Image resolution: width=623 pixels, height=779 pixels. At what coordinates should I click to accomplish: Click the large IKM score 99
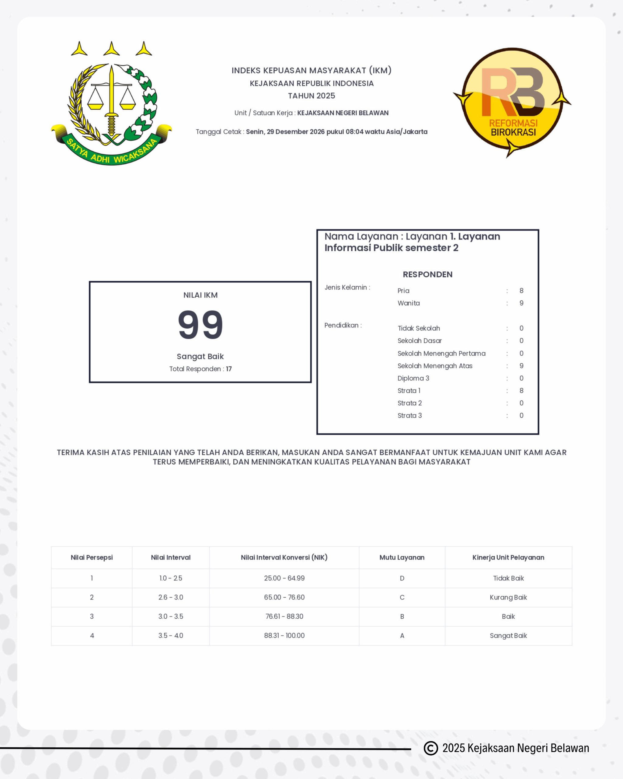click(x=200, y=325)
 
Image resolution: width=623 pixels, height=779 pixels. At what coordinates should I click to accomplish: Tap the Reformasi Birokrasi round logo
click(x=512, y=102)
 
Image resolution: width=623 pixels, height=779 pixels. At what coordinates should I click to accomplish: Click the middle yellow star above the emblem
click(x=111, y=49)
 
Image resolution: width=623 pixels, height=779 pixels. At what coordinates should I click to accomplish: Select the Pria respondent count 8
click(x=521, y=291)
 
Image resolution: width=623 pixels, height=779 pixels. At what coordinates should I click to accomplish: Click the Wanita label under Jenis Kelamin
click(x=409, y=303)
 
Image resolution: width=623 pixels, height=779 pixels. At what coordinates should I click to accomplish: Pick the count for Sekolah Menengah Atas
click(x=521, y=366)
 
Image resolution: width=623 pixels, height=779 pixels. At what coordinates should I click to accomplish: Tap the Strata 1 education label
click(x=409, y=391)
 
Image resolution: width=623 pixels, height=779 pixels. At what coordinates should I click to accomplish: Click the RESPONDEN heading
click(x=428, y=274)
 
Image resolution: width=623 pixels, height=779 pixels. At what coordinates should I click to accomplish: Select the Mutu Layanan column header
click(x=402, y=557)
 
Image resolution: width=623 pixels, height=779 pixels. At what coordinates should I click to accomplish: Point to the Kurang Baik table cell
click(x=508, y=597)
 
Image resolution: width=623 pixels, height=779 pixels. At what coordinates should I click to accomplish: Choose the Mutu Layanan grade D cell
click(x=402, y=578)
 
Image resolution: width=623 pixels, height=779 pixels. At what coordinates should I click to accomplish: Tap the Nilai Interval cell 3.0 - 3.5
click(x=170, y=617)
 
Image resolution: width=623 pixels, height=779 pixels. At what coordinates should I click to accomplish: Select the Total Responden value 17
click(x=229, y=369)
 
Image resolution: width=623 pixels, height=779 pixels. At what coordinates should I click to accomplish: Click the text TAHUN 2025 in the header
click(x=311, y=96)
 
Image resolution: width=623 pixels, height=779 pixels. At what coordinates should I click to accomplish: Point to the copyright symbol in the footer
click(x=430, y=748)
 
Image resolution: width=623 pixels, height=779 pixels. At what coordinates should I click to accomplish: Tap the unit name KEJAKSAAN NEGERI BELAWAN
click(x=343, y=113)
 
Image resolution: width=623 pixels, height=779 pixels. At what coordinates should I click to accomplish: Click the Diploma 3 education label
click(x=413, y=378)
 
